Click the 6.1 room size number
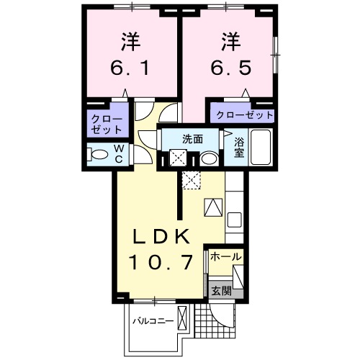(x=130, y=70)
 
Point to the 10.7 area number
(x=161, y=261)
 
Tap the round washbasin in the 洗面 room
(x=208, y=158)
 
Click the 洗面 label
(x=192, y=138)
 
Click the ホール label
(x=225, y=256)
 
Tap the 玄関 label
(x=221, y=291)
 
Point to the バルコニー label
(x=153, y=320)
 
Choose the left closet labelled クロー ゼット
(x=107, y=124)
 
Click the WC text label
(x=119, y=153)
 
